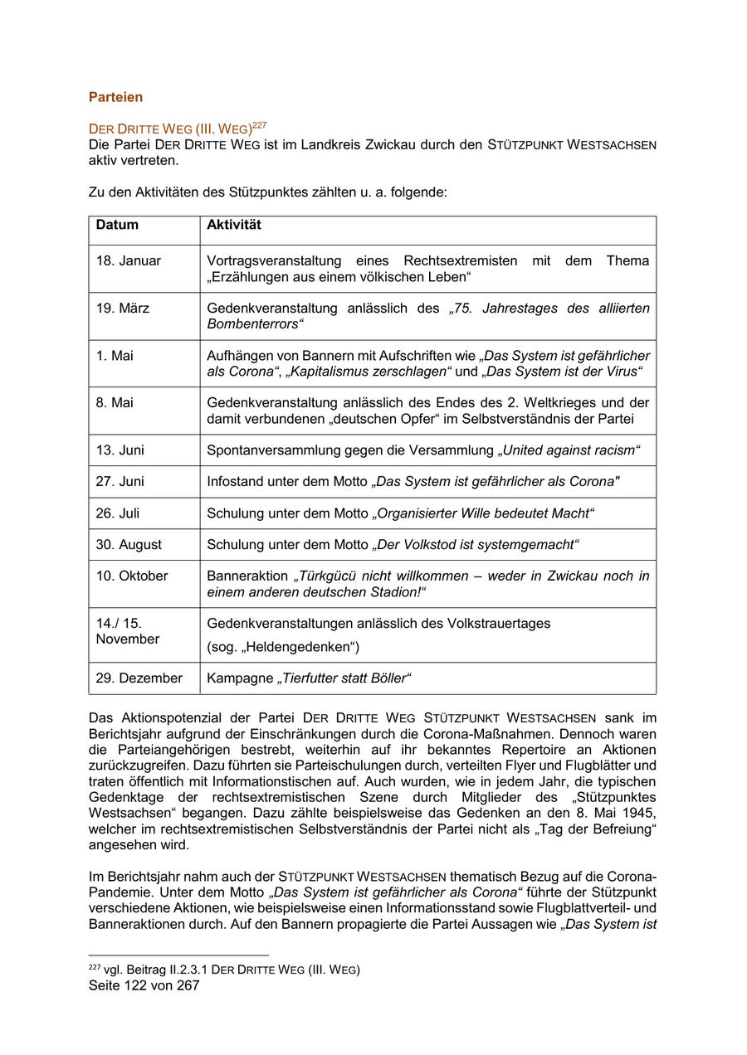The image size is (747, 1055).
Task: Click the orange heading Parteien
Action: [x=115, y=97]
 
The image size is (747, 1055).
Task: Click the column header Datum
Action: [x=117, y=225]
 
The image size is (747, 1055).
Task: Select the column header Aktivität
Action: [x=234, y=225]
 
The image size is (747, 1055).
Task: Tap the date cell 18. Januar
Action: [x=128, y=260]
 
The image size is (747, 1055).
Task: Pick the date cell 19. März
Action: [x=123, y=308]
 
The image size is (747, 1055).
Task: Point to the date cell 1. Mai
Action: [x=115, y=355]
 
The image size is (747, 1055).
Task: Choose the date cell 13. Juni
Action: [x=120, y=450]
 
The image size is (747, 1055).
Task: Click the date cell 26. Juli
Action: [x=118, y=513]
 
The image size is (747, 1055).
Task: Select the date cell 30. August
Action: [x=129, y=545]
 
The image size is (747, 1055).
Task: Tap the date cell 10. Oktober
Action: [x=131, y=576]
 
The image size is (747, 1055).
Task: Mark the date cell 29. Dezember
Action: [x=139, y=678]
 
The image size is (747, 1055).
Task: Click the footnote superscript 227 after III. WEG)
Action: [x=260, y=125]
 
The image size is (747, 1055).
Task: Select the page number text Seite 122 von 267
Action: [x=144, y=986]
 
